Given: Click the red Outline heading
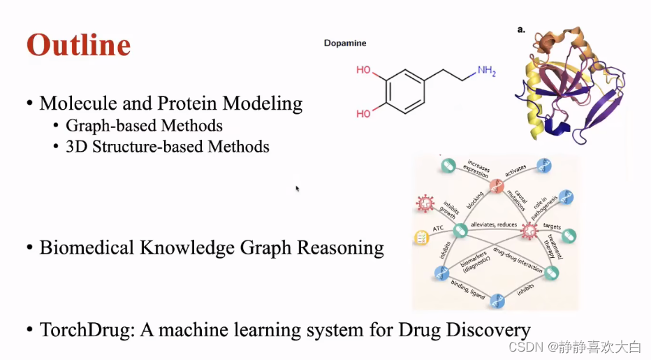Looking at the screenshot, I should (78, 45).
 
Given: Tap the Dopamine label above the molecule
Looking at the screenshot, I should (345, 43).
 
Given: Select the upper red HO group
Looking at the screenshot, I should (363, 70).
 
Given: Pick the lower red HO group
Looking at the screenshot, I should (363, 113).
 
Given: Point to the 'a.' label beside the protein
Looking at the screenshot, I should (521, 29).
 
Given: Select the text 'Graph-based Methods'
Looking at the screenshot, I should (144, 126).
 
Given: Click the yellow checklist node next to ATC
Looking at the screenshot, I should (421, 238).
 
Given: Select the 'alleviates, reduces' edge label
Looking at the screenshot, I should (493, 225).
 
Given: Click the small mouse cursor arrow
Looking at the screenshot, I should (297, 188).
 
